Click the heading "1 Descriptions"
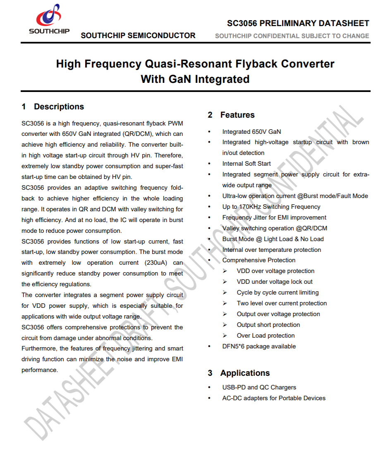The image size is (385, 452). click(53, 107)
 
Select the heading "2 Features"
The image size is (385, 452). click(231, 115)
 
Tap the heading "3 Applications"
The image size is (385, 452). click(239, 373)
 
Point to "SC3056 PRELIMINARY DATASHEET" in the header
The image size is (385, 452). click(298, 23)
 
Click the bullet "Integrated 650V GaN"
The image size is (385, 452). click(251, 132)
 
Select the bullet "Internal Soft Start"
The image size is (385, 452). click(246, 164)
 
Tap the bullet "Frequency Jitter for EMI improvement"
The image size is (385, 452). click(274, 218)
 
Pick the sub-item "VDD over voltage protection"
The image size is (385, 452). click(275, 271)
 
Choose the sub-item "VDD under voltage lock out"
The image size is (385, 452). click(275, 282)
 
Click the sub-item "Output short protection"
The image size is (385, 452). click(268, 325)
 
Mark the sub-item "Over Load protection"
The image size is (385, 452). click(266, 336)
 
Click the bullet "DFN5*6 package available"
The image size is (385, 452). click(259, 346)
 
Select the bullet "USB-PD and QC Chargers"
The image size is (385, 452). click(259, 387)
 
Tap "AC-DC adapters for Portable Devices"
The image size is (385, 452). click(274, 398)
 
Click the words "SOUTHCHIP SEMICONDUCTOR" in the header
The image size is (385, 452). click(138, 36)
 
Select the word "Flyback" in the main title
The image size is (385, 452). click(251, 64)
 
